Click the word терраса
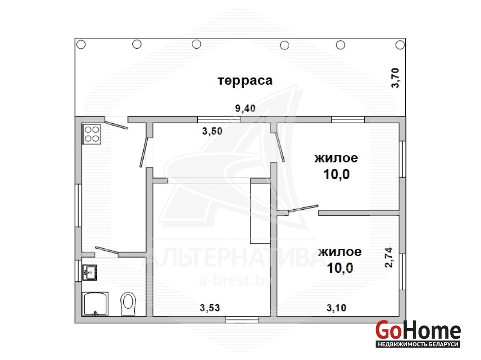pyautogui.click(x=245, y=80)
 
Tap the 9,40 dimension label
pyautogui.click(x=245, y=108)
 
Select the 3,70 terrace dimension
pyautogui.click(x=395, y=78)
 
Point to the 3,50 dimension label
pyautogui.click(x=212, y=131)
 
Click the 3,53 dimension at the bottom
pyautogui.click(x=210, y=308)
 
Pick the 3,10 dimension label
pyautogui.click(x=336, y=308)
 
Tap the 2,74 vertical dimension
pyautogui.click(x=388, y=257)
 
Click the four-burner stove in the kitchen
pyautogui.click(x=92, y=134)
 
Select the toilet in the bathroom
pyautogui.click(x=128, y=304)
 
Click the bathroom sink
pyautogui.click(x=90, y=272)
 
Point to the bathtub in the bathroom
pyautogui.click(x=95, y=304)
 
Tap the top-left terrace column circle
pyautogui.click(x=81, y=45)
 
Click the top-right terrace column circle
pyautogui.click(x=400, y=45)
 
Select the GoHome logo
pyautogui.click(x=418, y=333)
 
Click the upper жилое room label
pyautogui.click(x=336, y=158)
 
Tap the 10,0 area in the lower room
pyautogui.click(x=340, y=268)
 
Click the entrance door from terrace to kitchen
pyautogui.click(x=116, y=125)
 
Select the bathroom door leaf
pyautogui.click(x=107, y=250)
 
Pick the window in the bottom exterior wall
pyautogui.click(x=242, y=319)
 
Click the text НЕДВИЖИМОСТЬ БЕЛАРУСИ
pyautogui.click(x=418, y=344)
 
